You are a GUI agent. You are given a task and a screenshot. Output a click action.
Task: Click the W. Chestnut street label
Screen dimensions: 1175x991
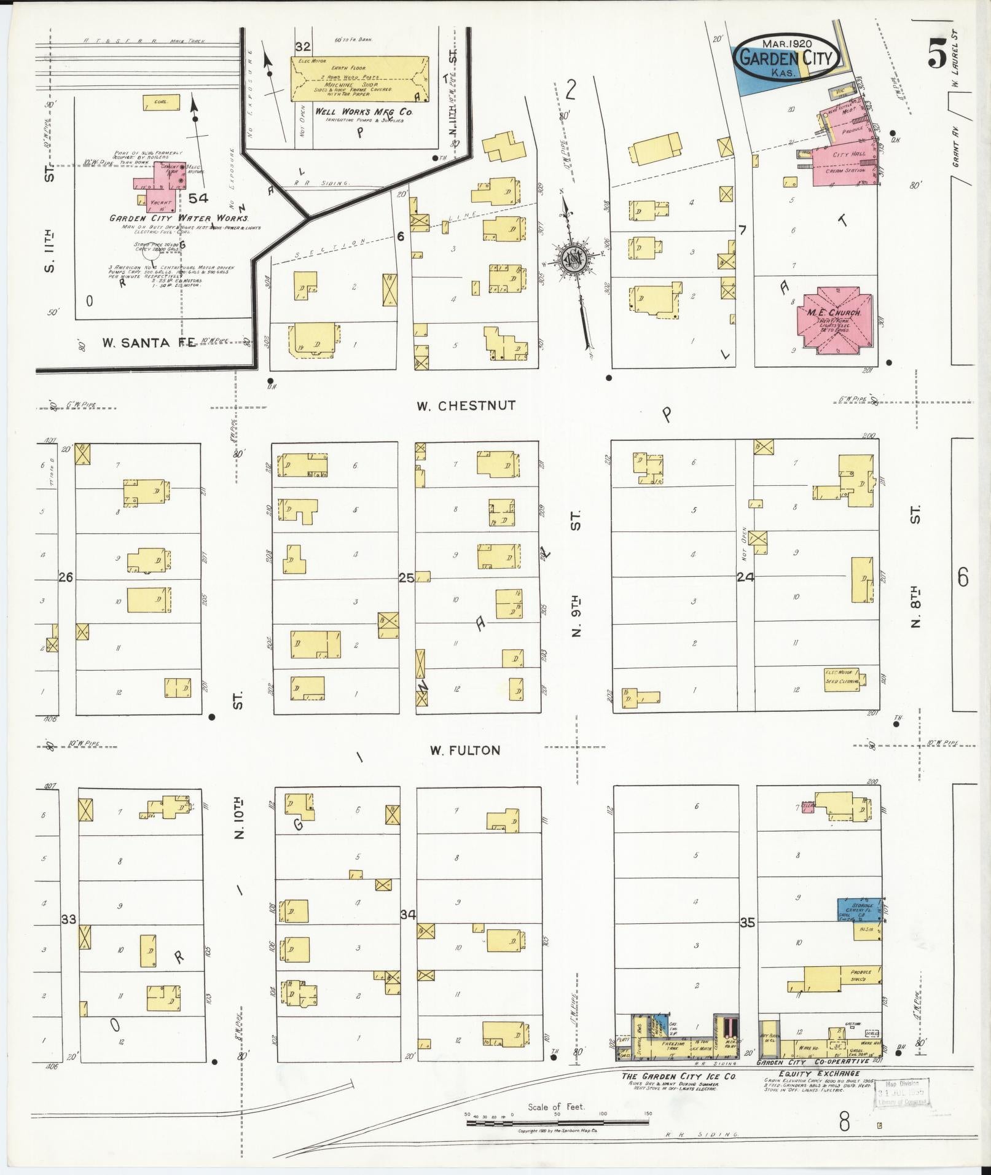pos(465,405)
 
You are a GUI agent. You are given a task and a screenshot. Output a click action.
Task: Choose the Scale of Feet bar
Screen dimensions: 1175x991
pos(557,1123)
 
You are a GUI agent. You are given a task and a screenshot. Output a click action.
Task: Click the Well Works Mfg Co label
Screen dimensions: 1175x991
pos(364,112)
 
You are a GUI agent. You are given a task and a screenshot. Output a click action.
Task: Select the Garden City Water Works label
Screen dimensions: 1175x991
pos(179,218)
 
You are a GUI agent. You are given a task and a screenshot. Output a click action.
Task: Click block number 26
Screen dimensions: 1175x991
pos(66,577)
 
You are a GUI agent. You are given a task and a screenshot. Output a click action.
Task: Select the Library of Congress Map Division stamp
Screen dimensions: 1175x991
pos(902,1093)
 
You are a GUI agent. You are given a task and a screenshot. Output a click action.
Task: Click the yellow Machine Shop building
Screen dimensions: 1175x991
pos(359,79)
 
